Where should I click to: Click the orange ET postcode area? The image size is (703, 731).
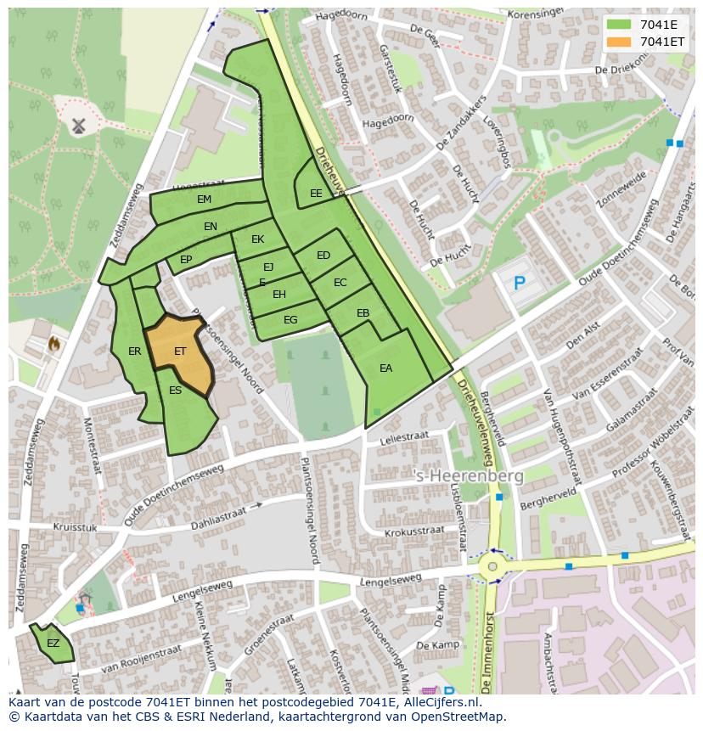(x=179, y=351)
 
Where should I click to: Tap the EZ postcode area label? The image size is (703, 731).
(x=53, y=644)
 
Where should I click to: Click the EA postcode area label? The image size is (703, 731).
(x=385, y=368)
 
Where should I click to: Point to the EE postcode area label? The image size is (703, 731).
(x=316, y=194)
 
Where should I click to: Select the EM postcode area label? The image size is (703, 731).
(x=204, y=200)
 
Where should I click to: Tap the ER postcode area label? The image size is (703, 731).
(x=134, y=351)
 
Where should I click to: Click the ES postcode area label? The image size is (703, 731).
(x=175, y=391)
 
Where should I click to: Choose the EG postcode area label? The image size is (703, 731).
(x=290, y=320)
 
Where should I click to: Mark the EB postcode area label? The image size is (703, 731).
(x=363, y=313)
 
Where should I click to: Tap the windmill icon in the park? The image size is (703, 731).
(x=79, y=126)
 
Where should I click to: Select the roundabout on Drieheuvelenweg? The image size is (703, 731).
(x=492, y=566)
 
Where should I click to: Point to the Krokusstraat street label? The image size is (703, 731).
(x=413, y=531)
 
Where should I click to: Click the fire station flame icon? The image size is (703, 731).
(x=55, y=345)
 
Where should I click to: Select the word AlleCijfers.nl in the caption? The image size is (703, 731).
(x=442, y=703)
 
